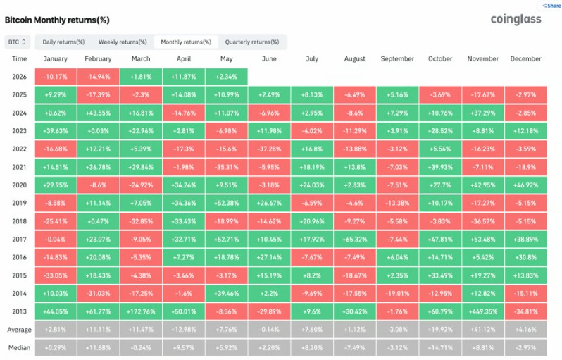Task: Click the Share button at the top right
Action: pyautogui.click(x=551, y=6)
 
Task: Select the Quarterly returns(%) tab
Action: pyautogui.click(x=252, y=42)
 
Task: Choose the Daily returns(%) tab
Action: pyautogui.click(x=63, y=42)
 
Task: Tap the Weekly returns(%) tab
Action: pyautogui.click(x=123, y=42)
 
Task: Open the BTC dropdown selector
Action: pyautogui.click(x=17, y=42)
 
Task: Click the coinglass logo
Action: pyautogui.click(x=516, y=19)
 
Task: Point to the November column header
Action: pyautogui.click(x=483, y=58)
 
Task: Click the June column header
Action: pyautogui.click(x=269, y=58)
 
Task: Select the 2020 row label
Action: pyautogui.click(x=19, y=185)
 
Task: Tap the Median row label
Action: pyautogui.click(x=19, y=347)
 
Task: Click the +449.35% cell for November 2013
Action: pyautogui.click(x=483, y=311)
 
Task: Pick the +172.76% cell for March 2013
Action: pyautogui.click(x=141, y=311)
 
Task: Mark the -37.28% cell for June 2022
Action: pyautogui.click(x=269, y=149)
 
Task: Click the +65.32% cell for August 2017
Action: pyautogui.click(x=354, y=239)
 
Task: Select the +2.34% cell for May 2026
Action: pyautogui.click(x=227, y=77)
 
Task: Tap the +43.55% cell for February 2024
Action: pyautogui.click(x=98, y=113)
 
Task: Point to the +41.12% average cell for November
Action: pyautogui.click(x=483, y=330)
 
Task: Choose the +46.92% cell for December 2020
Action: pyautogui.click(x=526, y=185)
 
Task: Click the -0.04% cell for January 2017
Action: pyautogui.click(x=56, y=239)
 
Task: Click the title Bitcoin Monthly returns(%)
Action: pyautogui.click(x=57, y=20)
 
